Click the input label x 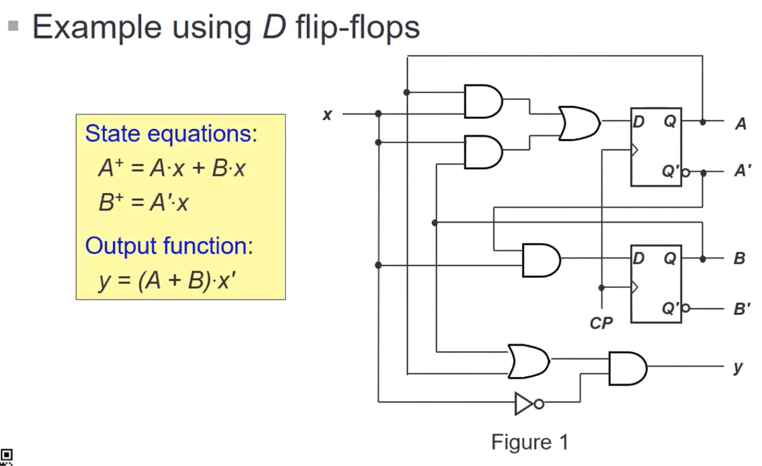click(327, 115)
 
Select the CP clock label click(601, 323)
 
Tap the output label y click(738, 367)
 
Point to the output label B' click(742, 309)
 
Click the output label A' click(743, 171)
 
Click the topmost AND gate click(482, 101)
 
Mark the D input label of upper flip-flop click(639, 121)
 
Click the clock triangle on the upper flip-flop click(635, 149)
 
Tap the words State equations click(171, 133)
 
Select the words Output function click(169, 246)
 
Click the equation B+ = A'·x click(143, 202)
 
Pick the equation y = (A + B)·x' click(167, 280)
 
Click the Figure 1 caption click(530, 442)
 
